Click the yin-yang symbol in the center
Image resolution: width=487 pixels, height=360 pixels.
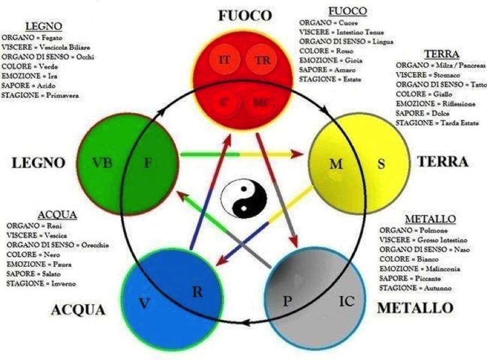pyautogui.click(x=244, y=198)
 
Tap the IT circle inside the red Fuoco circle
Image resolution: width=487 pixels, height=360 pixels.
pyautogui.click(x=224, y=59)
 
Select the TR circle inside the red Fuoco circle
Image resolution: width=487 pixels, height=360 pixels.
pyautogui.click(x=262, y=59)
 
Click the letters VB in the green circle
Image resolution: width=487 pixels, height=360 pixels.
pyautogui.click(x=102, y=163)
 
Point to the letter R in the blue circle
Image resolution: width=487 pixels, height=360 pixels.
pyautogui.click(x=198, y=292)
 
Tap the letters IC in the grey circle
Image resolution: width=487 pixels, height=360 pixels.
pyautogui.click(x=346, y=301)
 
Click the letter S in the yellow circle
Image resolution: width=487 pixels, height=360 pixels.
pyautogui.click(x=381, y=163)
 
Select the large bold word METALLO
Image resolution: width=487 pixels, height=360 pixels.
pyautogui.click(x=415, y=308)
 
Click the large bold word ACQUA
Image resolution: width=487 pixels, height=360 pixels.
pyautogui.click(x=78, y=310)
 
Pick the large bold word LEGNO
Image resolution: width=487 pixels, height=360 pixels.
pyautogui.click(x=38, y=163)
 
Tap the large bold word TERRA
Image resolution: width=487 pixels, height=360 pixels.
pyautogui.click(x=443, y=162)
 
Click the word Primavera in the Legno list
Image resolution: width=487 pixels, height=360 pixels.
pyautogui.click(x=62, y=95)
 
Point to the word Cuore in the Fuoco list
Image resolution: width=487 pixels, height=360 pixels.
pyautogui.click(x=348, y=22)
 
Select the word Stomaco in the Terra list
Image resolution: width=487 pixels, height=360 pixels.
pyautogui.click(x=447, y=75)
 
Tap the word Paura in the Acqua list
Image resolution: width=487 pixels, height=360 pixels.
pyautogui.click(x=62, y=264)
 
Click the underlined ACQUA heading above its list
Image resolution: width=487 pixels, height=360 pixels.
pyautogui.click(x=57, y=215)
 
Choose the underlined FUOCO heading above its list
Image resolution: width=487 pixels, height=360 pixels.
pyautogui.click(x=348, y=11)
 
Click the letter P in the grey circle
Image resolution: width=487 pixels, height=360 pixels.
pyautogui.click(x=288, y=301)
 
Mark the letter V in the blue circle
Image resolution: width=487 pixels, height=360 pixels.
pyautogui.click(x=144, y=303)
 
